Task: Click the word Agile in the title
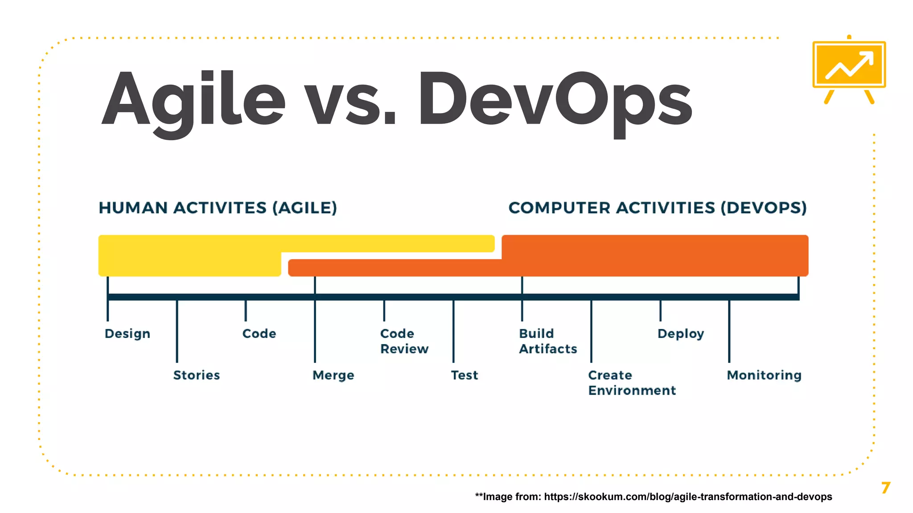pos(193,100)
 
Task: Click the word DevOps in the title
pos(555,100)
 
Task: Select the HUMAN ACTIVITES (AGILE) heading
pos(218,208)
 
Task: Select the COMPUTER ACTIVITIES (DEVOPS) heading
pos(658,208)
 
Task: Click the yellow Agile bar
pos(189,255)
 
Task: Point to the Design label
pos(127,334)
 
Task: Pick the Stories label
pos(197,375)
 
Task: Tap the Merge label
pos(333,375)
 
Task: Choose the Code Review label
pos(404,341)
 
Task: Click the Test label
pos(465,375)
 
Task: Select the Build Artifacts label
pos(548,341)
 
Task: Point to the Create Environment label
pos(632,383)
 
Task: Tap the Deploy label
pos(681,334)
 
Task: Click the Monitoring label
pos(764,375)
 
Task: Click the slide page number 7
pos(885,488)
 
